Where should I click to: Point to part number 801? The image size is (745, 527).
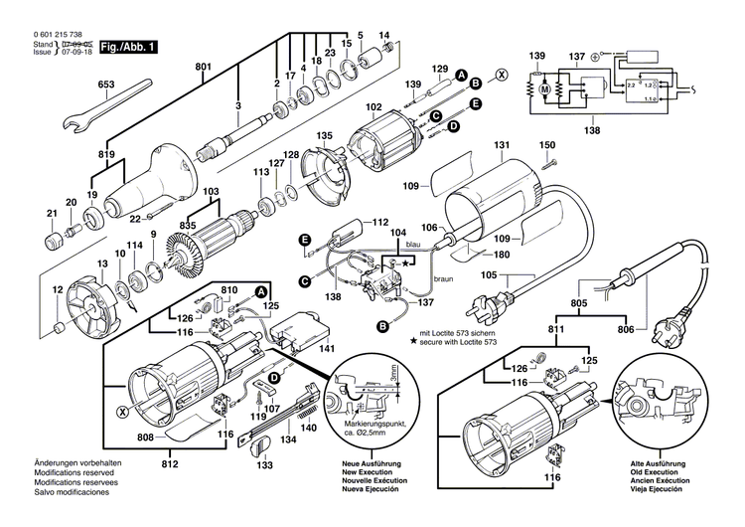tap(204, 67)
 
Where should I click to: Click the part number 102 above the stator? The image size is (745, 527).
tap(372, 106)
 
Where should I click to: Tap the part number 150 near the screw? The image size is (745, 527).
tap(546, 146)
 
